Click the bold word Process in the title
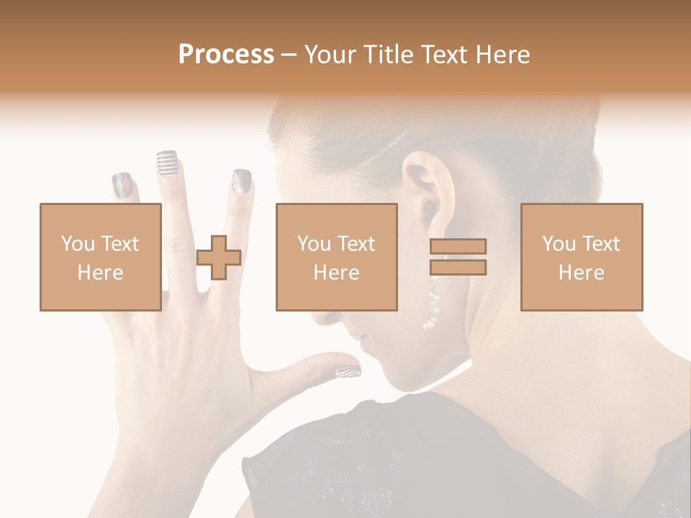pyautogui.click(x=226, y=55)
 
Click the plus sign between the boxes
pyautogui.click(x=219, y=258)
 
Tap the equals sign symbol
pyautogui.click(x=458, y=257)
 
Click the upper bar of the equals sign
pyautogui.click(x=458, y=246)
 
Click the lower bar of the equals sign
pyautogui.click(x=458, y=268)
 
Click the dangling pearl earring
pyautogui.click(x=432, y=306)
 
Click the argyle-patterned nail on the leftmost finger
pyautogui.click(x=122, y=186)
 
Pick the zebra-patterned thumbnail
pyautogui.click(x=347, y=371)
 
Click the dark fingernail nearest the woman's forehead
pyautogui.click(x=242, y=181)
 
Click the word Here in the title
pyautogui.click(x=502, y=55)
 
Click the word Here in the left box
pyautogui.click(x=100, y=273)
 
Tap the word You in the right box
pyautogui.click(x=558, y=244)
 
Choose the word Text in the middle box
pyautogui.click(x=356, y=244)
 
